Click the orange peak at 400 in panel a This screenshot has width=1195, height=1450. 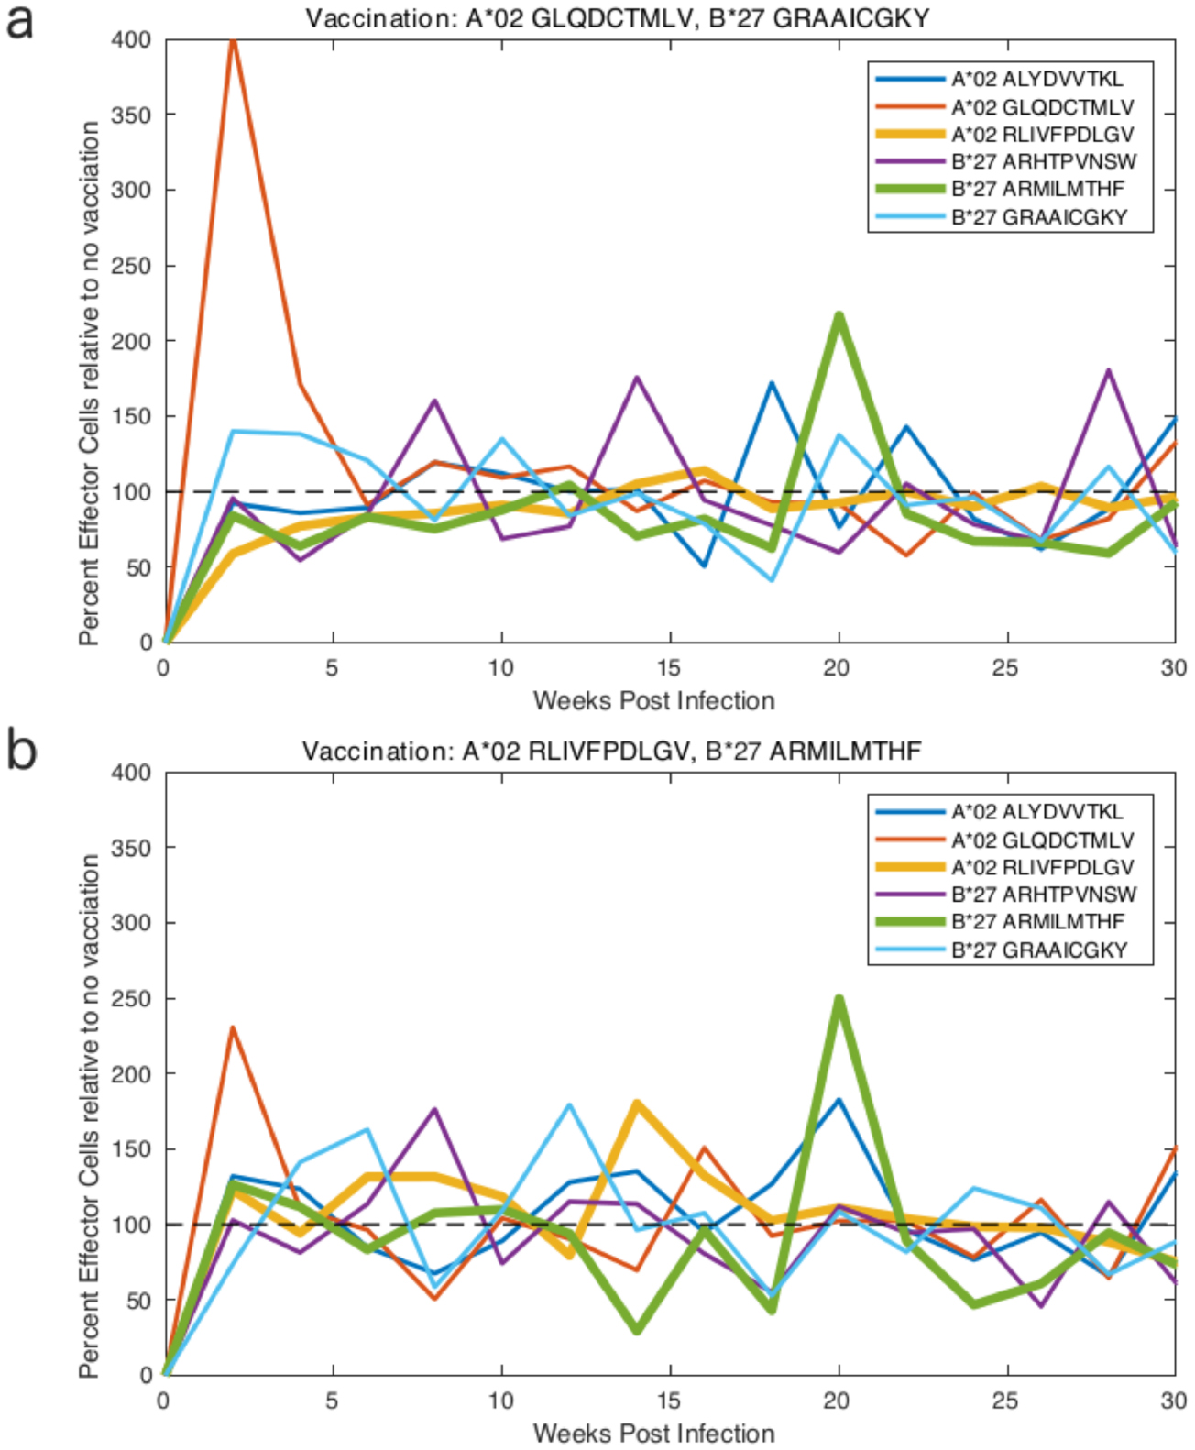[x=233, y=40]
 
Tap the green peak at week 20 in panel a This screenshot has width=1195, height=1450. [x=839, y=316]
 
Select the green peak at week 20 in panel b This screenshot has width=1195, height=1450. [x=839, y=999]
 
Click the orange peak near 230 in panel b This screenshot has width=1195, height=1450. [x=233, y=1028]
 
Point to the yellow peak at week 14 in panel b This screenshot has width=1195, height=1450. [x=637, y=1104]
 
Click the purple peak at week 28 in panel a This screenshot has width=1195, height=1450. [x=1108, y=371]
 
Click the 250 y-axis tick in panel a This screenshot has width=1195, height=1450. [x=130, y=266]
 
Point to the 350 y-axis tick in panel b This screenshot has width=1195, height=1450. [x=130, y=848]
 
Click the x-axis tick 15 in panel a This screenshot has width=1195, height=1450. [x=670, y=667]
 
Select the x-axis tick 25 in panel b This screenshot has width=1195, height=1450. [x=1006, y=1401]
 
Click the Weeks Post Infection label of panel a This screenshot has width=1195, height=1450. [x=653, y=701]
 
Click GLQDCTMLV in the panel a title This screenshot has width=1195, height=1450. [x=611, y=18]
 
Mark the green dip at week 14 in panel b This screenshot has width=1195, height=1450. [x=637, y=1330]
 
